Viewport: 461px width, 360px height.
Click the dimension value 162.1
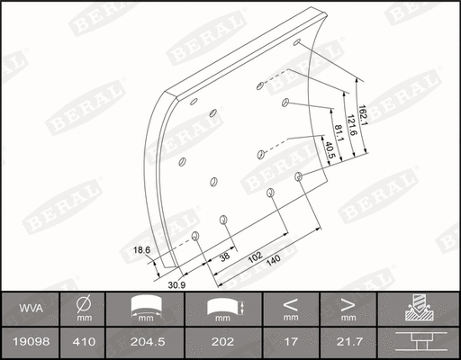coord(361,120)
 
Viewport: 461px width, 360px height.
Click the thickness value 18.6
coord(140,249)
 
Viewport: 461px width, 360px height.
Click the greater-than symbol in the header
coord(348,302)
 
